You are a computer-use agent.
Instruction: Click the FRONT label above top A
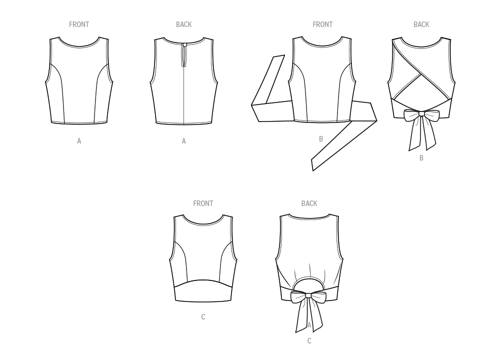79,24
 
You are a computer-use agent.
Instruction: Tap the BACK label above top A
183,24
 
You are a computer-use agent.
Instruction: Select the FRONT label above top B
322,24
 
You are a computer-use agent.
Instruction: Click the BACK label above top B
421,24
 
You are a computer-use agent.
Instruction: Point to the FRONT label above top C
203,203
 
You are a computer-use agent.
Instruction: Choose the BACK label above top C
309,203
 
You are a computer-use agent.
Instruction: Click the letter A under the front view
79,141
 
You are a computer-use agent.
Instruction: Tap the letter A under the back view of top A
183,141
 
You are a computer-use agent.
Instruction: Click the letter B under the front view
321,139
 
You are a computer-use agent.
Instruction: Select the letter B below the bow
421,158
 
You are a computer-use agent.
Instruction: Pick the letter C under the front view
203,317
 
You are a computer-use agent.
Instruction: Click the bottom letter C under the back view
309,341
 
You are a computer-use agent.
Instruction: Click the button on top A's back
185,45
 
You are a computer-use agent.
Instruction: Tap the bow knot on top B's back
421,114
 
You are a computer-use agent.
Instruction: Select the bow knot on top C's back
308,295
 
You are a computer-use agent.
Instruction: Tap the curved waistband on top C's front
203,291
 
